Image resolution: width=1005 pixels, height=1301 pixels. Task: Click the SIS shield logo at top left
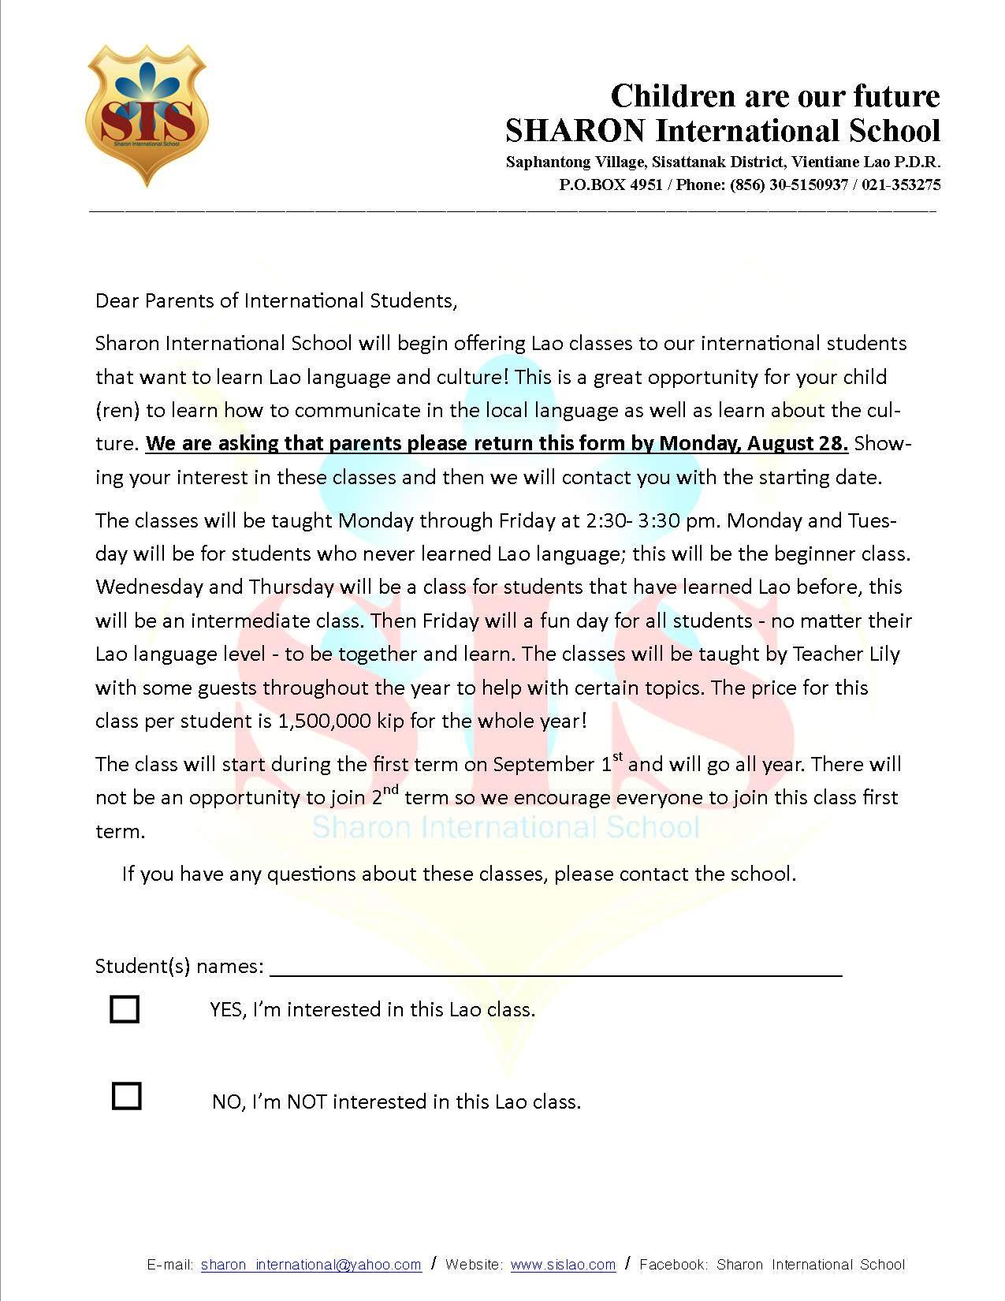pos(146,114)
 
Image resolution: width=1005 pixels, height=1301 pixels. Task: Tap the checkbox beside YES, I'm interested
pos(125,1009)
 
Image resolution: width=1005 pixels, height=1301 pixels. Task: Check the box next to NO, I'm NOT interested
pos(126,1096)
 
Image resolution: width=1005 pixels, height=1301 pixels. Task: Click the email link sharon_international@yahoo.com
pos(311,1265)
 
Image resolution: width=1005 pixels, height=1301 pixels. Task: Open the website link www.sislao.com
pos(563,1265)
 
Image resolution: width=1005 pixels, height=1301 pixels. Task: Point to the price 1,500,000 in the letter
pos(325,721)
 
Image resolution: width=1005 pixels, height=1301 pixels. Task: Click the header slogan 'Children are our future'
pos(775,96)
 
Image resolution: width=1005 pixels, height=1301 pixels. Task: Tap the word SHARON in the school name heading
pos(575,130)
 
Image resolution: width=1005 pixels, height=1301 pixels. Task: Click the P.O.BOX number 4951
pos(646,185)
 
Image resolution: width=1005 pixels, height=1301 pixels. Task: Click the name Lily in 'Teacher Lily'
pos(883,654)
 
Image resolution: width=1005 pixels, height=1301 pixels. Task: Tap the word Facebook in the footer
pos(672,1265)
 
